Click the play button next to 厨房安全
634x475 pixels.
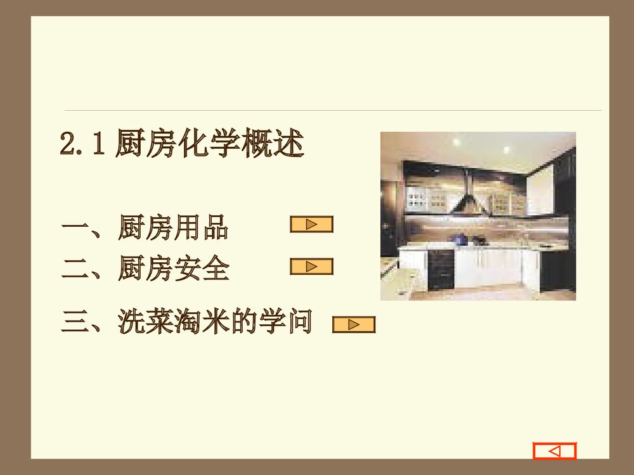tap(311, 267)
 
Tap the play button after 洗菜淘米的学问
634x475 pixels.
tap(354, 325)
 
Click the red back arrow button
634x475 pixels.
tap(554, 451)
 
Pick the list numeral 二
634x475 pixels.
tap(74, 270)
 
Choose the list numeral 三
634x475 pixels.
tap(74, 322)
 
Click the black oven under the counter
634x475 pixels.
tap(441, 269)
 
